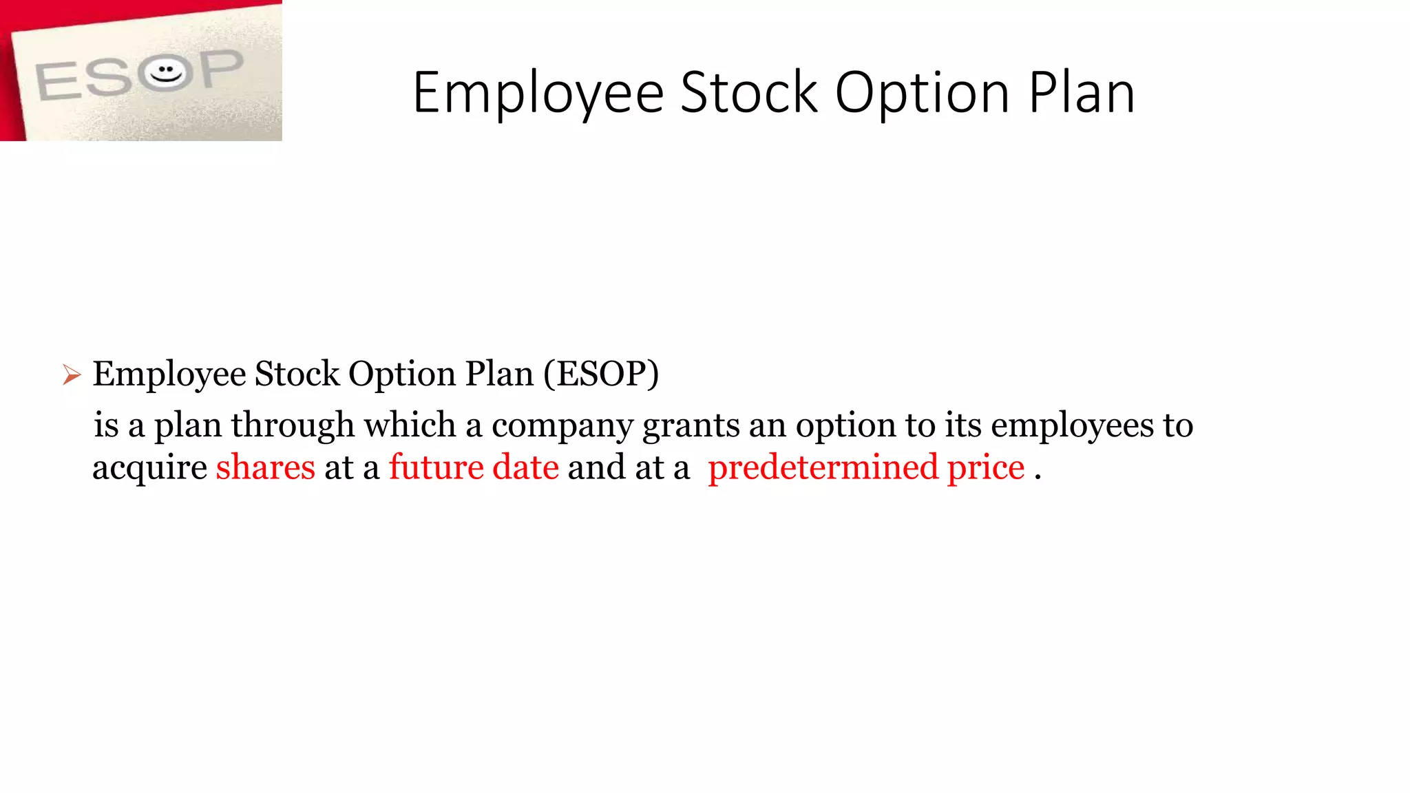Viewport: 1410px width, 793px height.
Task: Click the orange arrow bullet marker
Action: click(x=72, y=375)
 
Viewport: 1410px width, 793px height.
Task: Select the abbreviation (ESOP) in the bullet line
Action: click(x=601, y=374)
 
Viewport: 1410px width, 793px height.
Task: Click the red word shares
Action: click(x=265, y=467)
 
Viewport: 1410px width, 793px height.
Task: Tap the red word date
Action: click(x=525, y=467)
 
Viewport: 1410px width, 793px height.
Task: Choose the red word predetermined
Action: click(x=823, y=469)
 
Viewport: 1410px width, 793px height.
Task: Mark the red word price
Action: click(x=986, y=469)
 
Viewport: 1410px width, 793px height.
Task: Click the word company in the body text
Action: click(x=562, y=426)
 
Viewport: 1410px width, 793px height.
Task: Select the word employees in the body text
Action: click(x=1072, y=426)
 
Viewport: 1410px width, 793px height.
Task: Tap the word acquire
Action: click(x=149, y=469)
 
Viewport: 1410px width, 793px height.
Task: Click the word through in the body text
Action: click(x=293, y=425)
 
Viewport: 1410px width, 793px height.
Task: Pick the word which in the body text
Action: click(x=410, y=425)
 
